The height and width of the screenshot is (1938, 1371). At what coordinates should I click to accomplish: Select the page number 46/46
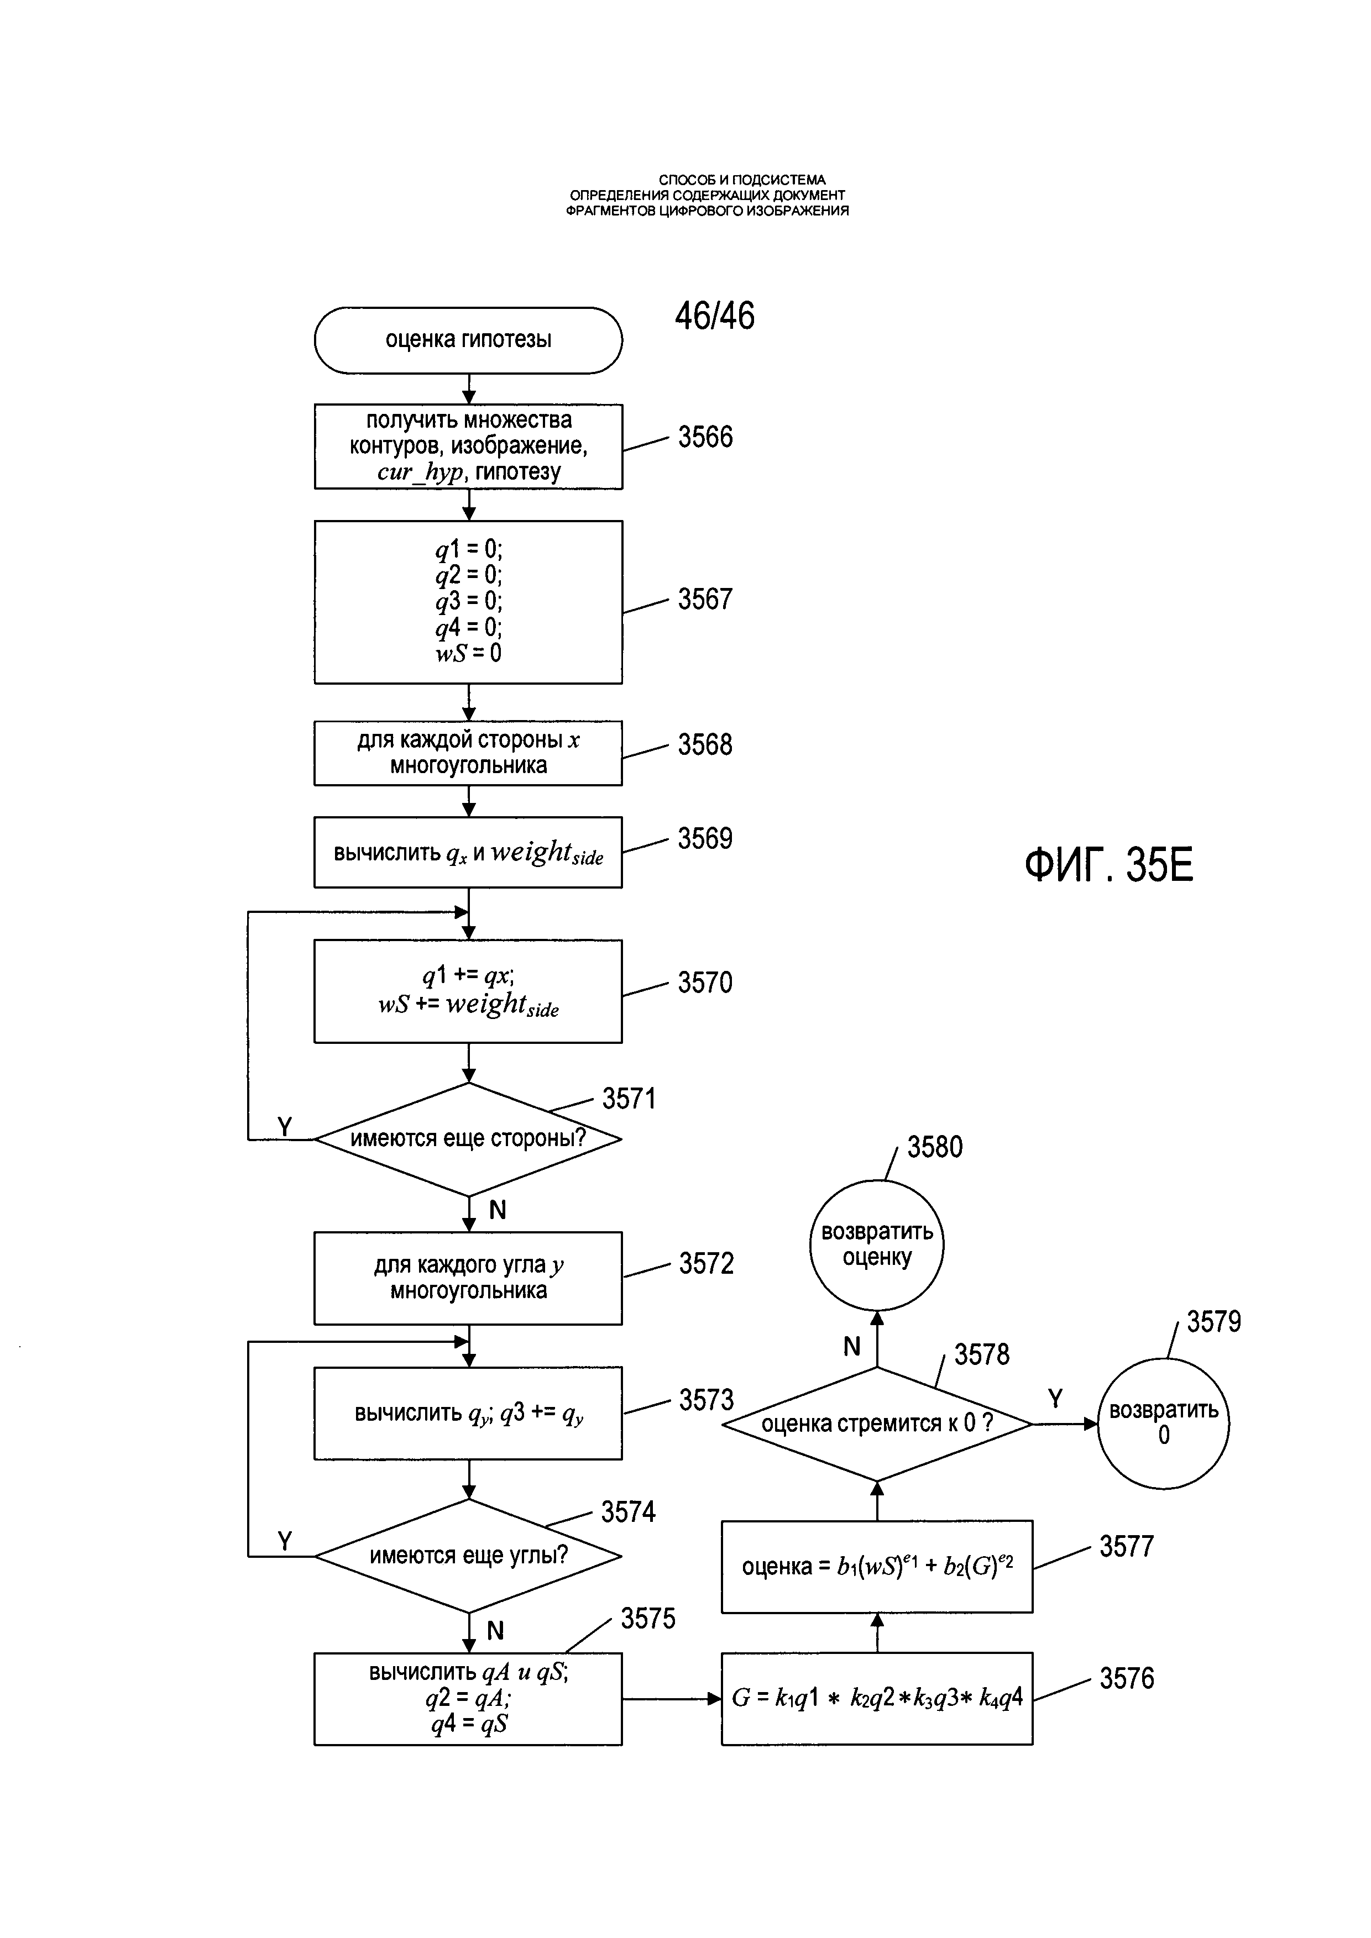(714, 316)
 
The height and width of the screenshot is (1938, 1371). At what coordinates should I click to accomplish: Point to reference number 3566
(705, 437)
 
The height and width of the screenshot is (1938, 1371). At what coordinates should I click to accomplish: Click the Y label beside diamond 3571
(285, 1126)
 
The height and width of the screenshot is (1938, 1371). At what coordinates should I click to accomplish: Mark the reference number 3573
(706, 1400)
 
